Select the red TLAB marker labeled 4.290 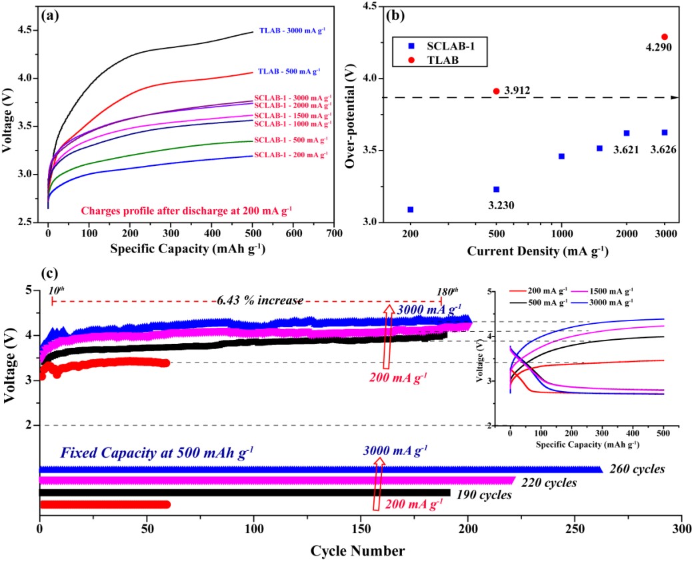pyautogui.click(x=664, y=37)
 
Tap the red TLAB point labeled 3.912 pyautogui.click(x=496, y=91)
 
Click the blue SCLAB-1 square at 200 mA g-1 pyautogui.click(x=410, y=209)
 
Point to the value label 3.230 pyautogui.click(x=496, y=205)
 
